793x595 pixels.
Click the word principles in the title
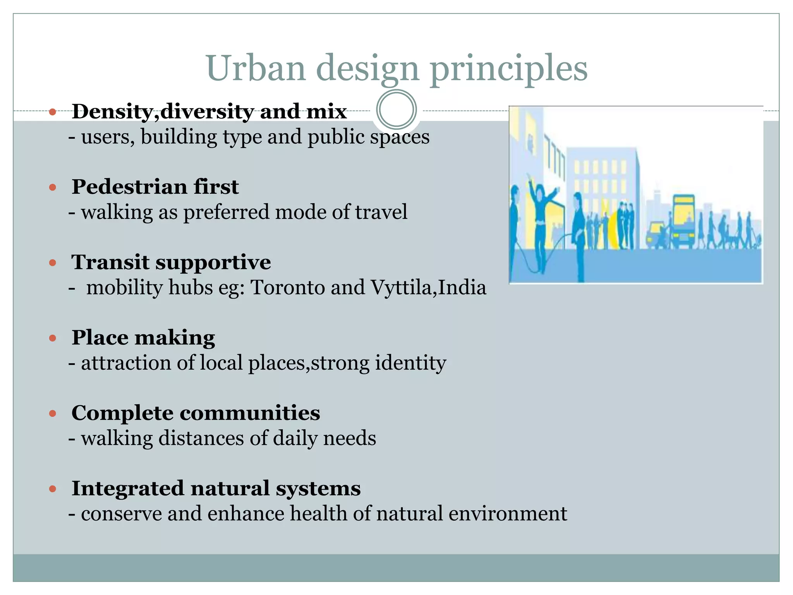[509, 69]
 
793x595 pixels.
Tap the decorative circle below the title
[396, 110]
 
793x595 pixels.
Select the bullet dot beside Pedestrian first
[53, 188]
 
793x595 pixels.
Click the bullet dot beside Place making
[53, 339]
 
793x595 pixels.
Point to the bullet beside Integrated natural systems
[53, 489]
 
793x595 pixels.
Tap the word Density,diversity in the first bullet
[163, 112]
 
